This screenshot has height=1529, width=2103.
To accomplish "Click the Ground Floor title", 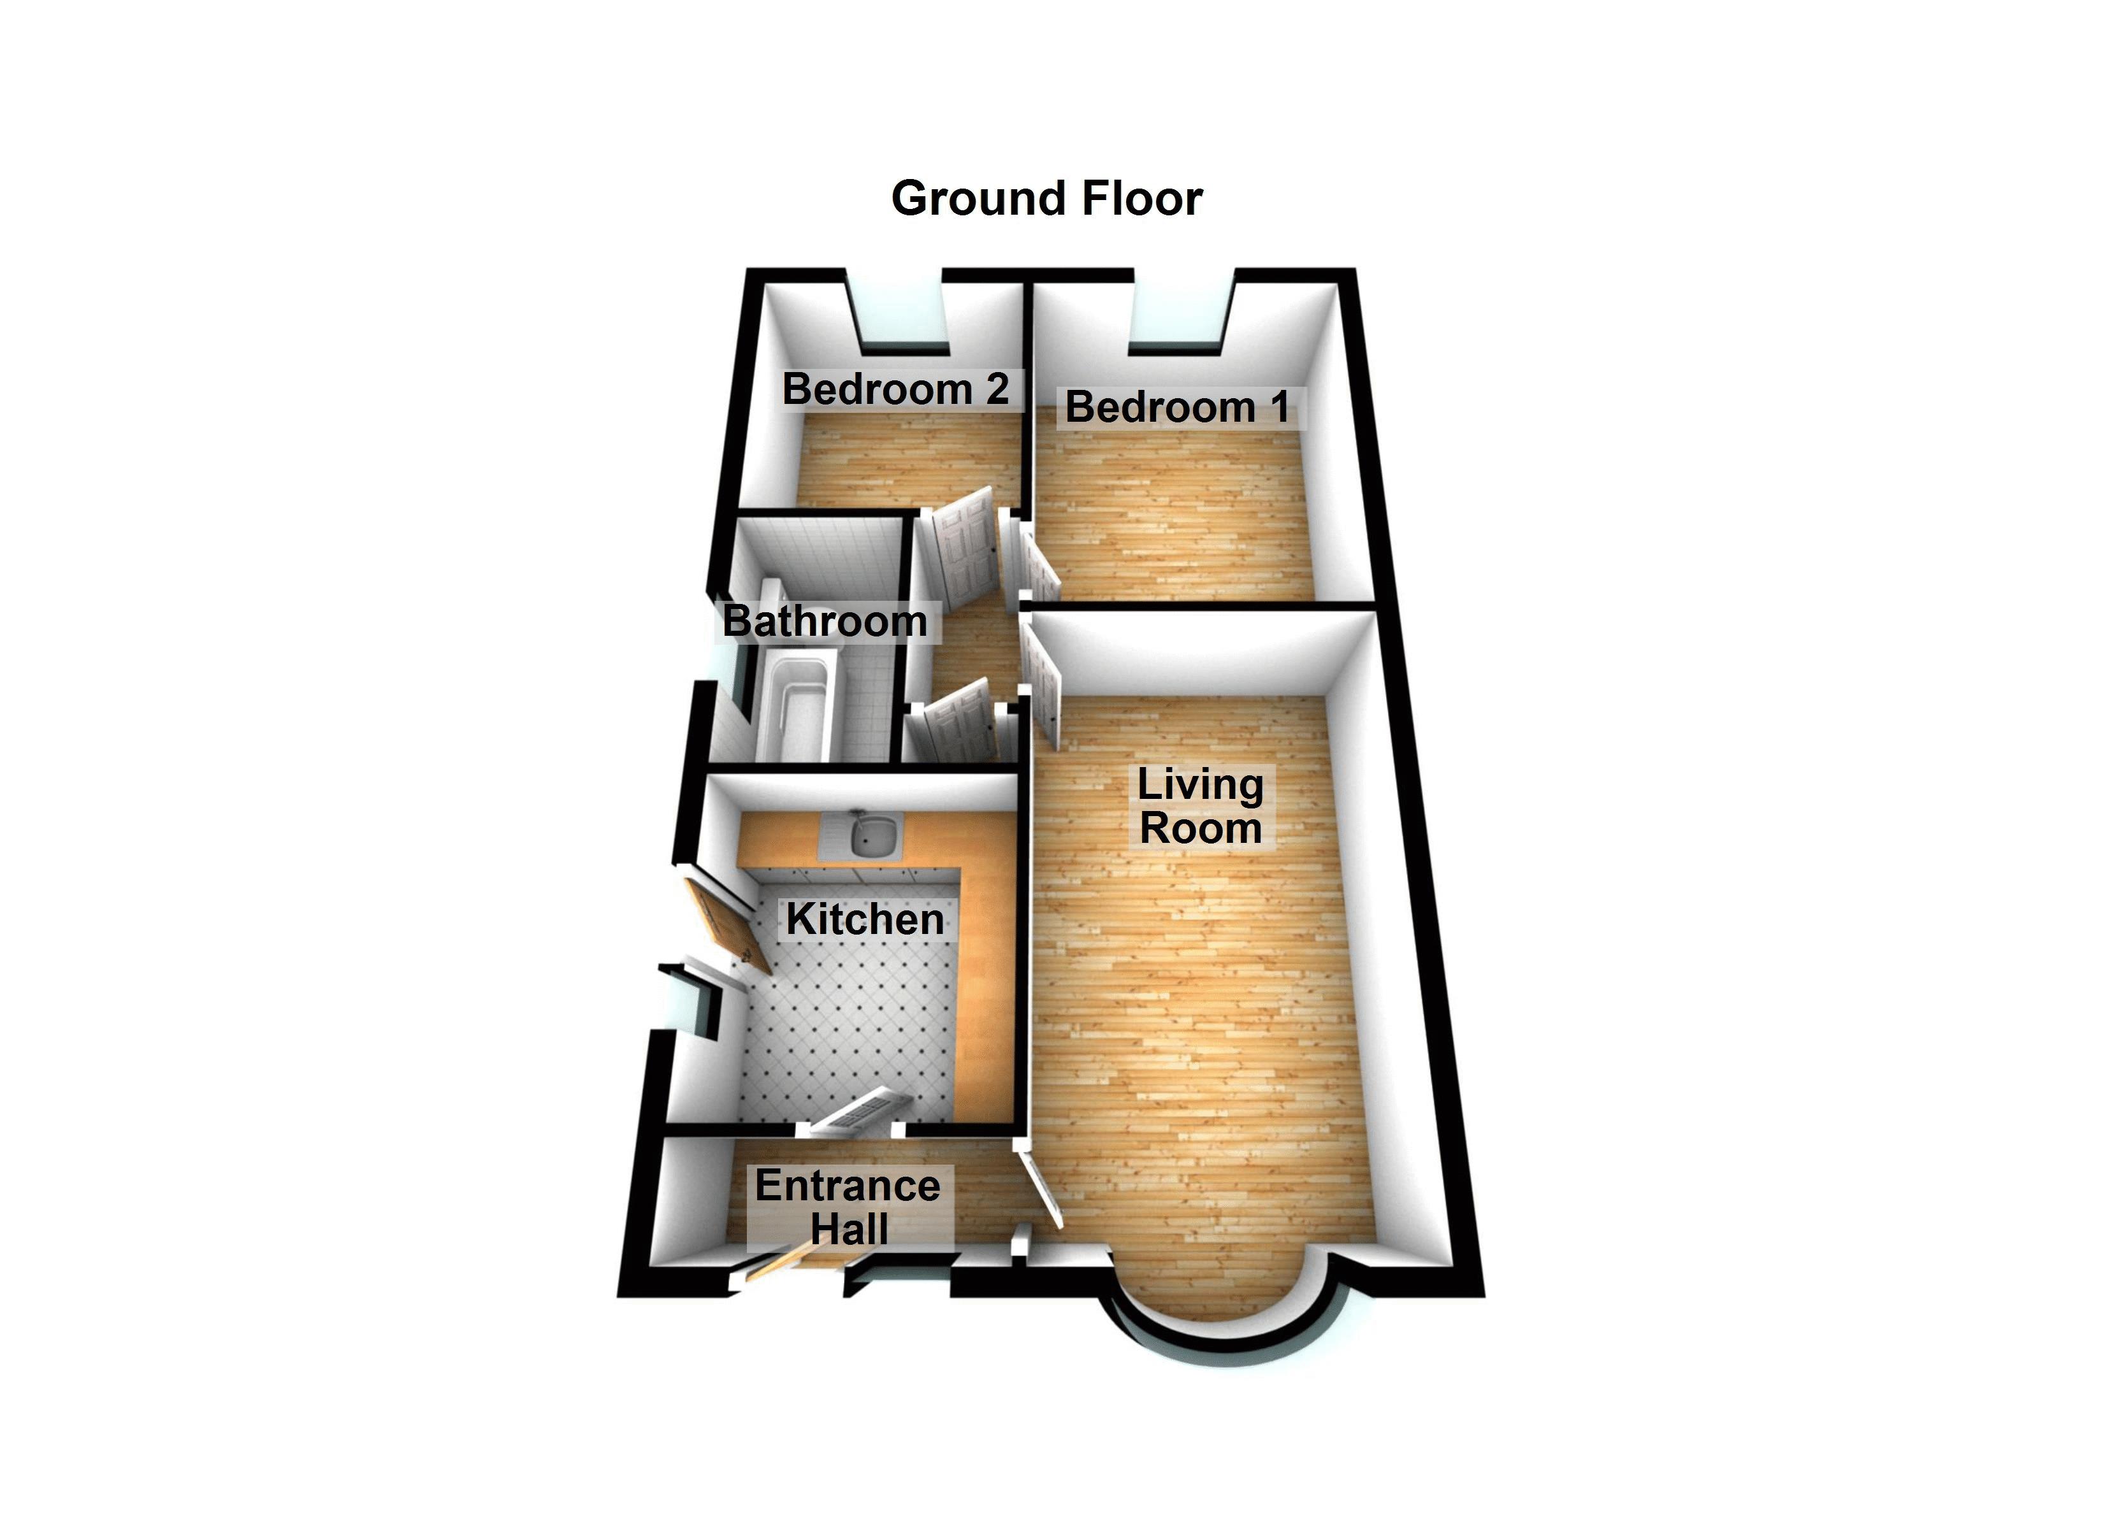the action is pos(1047,198).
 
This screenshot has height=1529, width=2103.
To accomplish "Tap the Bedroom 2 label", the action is pos(896,389).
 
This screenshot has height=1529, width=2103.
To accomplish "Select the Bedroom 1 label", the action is pos(1178,407).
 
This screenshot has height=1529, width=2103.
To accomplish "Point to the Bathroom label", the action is pos(825,621).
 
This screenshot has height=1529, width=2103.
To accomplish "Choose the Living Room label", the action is pos(1201,806).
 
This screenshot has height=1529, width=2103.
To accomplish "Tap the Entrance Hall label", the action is pos(848,1207).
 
